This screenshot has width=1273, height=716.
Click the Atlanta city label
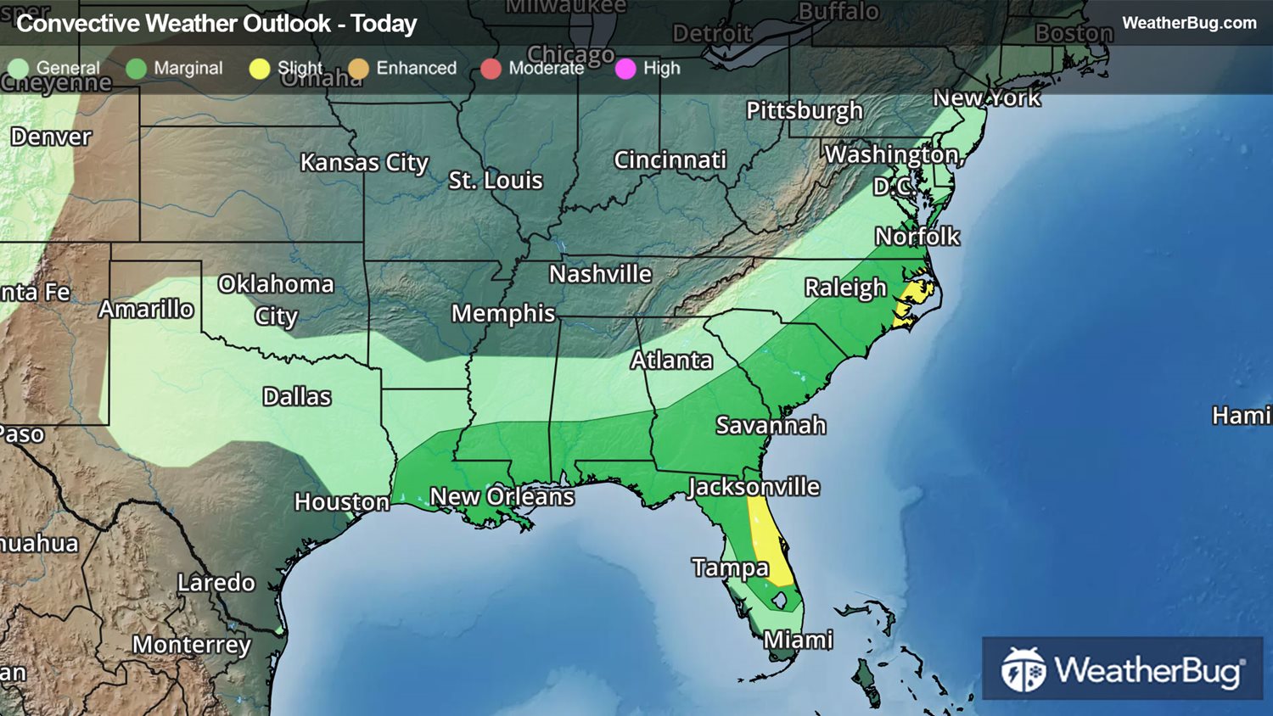(x=671, y=361)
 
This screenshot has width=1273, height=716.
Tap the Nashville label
(x=600, y=274)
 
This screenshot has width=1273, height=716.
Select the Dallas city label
(x=297, y=396)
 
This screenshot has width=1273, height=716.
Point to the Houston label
(x=342, y=502)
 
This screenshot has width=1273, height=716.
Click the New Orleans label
(x=502, y=496)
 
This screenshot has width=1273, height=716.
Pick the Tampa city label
(x=730, y=568)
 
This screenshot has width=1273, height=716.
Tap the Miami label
(x=798, y=640)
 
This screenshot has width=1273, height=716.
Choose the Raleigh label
(x=844, y=288)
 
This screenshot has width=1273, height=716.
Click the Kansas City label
(x=364, y=162)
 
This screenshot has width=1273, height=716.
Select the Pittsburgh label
(x=804, y=111)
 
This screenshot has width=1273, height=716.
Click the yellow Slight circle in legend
(x=260, y=69)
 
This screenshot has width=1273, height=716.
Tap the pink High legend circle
(x=625, y=69)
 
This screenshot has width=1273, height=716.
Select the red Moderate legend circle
(x=491, y=69)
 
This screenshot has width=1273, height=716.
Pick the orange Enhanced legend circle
(x=359, y=69)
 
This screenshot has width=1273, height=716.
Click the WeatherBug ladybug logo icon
(x=1023, y=670)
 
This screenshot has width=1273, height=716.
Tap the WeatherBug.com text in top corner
(x=1189, y=23)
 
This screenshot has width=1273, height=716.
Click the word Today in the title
(x=384, y=24)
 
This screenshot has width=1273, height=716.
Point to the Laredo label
(x=216, y=583)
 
